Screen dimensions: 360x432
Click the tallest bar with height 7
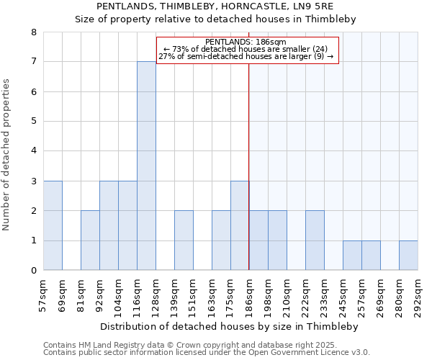pos(146,166)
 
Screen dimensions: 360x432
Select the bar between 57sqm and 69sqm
pos(53,225)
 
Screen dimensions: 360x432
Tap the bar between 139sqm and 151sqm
pos(184,240)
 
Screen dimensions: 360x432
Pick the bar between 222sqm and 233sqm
pos(315,240)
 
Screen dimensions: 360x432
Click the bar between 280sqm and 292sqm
pos(408,256)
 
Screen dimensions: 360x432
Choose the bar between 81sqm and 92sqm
pos(90,240)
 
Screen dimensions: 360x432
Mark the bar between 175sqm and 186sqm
pos(240,225)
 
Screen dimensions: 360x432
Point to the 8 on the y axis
pos(33,32)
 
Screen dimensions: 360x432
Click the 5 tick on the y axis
pos(33,122)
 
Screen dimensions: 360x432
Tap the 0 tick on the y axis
pos(33,271)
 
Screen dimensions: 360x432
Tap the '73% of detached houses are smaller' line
pos(246,49)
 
